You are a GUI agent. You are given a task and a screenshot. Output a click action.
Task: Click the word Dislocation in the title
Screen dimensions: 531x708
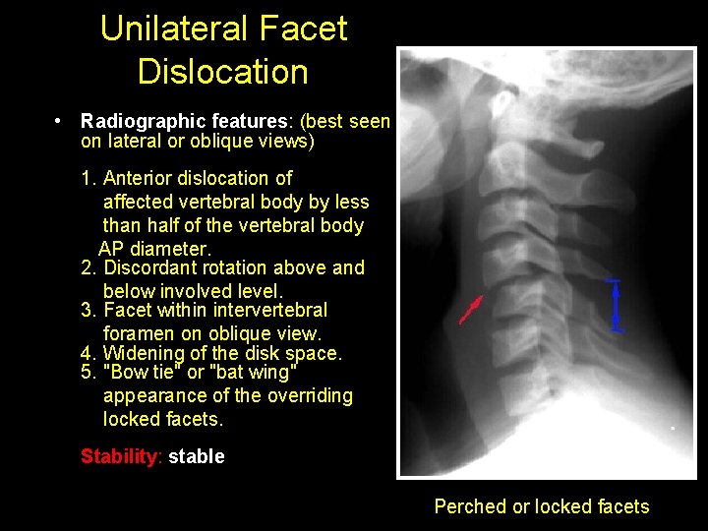[223, 71]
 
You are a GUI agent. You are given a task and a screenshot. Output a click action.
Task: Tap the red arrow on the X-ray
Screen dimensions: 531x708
[471, 309]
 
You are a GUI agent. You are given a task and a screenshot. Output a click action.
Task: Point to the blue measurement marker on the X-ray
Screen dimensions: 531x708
[616, 306]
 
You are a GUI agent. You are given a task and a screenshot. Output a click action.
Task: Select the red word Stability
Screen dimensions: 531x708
[120, 456]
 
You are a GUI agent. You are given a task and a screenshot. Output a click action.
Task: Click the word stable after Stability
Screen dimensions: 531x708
[197, 456]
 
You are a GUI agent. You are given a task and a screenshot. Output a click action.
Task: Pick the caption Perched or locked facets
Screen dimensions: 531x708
[542, 506]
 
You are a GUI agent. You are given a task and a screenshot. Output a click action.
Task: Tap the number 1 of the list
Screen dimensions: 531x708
[87, 178]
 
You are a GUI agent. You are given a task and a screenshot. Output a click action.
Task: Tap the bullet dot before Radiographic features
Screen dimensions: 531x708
[60, 121]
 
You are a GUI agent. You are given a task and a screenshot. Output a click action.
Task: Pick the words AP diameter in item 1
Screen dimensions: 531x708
[154, 248]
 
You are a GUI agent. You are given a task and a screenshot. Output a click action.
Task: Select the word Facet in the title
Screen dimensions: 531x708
[301, 29]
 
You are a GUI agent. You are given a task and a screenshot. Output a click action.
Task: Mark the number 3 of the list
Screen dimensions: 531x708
[87, 310]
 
